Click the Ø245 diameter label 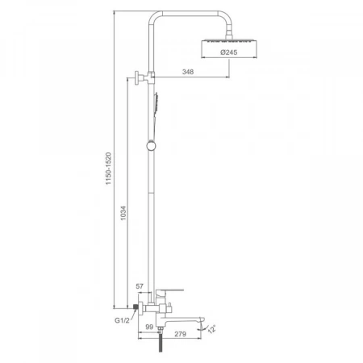coord(229,52)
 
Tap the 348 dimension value coord(188,72)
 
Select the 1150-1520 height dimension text coord(108,169)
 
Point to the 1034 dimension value coord(123,213)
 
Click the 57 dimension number coord(140,286)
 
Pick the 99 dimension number coord(149,327)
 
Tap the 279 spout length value coord(180,334)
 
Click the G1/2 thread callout coord(122,320)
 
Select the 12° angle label coord(212,329)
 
